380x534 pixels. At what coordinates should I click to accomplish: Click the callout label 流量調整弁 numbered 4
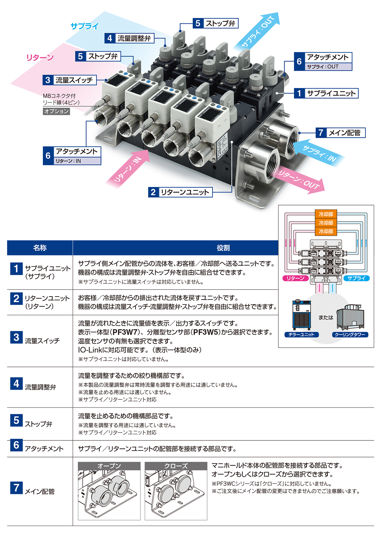click(129, 38)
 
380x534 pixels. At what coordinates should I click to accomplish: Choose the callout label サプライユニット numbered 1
click(326, 93)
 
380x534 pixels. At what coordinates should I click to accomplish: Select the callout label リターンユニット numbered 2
click(180, 192)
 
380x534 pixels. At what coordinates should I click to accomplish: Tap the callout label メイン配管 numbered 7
click(340, 133)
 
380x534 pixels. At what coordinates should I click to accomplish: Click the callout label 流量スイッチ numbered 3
click(69, 80)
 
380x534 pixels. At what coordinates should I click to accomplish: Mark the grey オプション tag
click(56, 111)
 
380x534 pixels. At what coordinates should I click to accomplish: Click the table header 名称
click(40, 248)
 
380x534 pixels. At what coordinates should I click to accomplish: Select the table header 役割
click(223, 248)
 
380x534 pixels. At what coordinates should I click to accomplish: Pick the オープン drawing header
click(109, 466)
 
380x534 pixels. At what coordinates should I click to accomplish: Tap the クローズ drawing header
click(176, 466)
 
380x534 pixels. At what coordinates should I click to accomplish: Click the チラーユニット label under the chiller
click(301, 335)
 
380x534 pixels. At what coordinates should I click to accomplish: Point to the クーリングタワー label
click(350, 335)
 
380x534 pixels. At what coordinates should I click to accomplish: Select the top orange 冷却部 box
click(326, 214)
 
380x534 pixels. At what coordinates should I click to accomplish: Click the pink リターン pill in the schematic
click(295, 278)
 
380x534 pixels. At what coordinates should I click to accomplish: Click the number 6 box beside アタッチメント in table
click(16, 445)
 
